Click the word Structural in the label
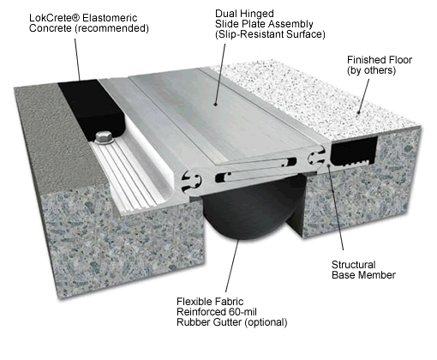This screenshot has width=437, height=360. coord(354,264)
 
